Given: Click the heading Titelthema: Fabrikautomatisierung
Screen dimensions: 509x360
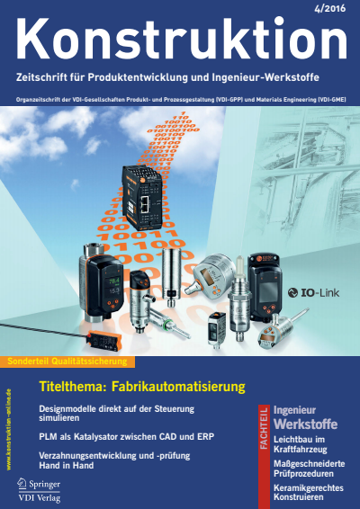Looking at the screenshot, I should [x=142, y=387].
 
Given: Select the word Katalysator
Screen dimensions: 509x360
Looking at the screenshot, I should [x=103, y=435].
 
